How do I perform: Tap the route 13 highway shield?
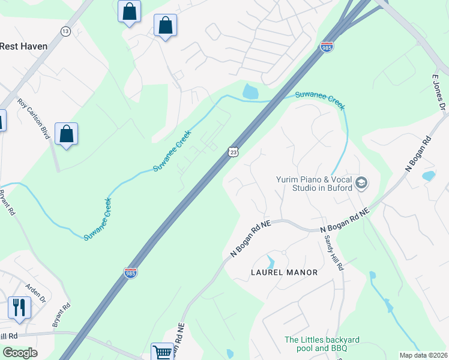tap(65, 31)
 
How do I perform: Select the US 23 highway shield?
tap(234, 152)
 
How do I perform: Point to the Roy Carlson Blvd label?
tap(32, 119)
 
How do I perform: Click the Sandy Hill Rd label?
tap(333, 252)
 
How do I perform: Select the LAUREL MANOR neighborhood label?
tap(283, 272)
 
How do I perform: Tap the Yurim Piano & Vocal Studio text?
tap(314, 183)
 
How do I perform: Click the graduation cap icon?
tap(361, 183)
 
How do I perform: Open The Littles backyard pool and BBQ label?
tap(315, 344)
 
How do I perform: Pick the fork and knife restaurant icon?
tap(19, 307)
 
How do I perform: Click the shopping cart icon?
tap(162, 352)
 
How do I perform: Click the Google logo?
tap(20, 353)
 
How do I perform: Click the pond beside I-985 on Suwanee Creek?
tap(250, 92)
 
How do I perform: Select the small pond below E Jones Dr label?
tap(428, 176)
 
